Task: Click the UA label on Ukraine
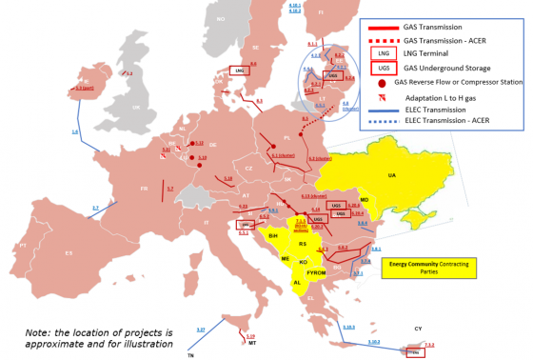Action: [x=391, y=174]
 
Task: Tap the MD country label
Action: [x=365, y=199]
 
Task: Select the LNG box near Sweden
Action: [x=240, y=70]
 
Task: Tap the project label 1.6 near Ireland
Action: [x=75, y=131]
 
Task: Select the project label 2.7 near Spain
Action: [x=95, y=207]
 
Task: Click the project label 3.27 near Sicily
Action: [x=201, y=329]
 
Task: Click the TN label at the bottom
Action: [x=189, y=354]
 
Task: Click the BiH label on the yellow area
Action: [x=272, y=234]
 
